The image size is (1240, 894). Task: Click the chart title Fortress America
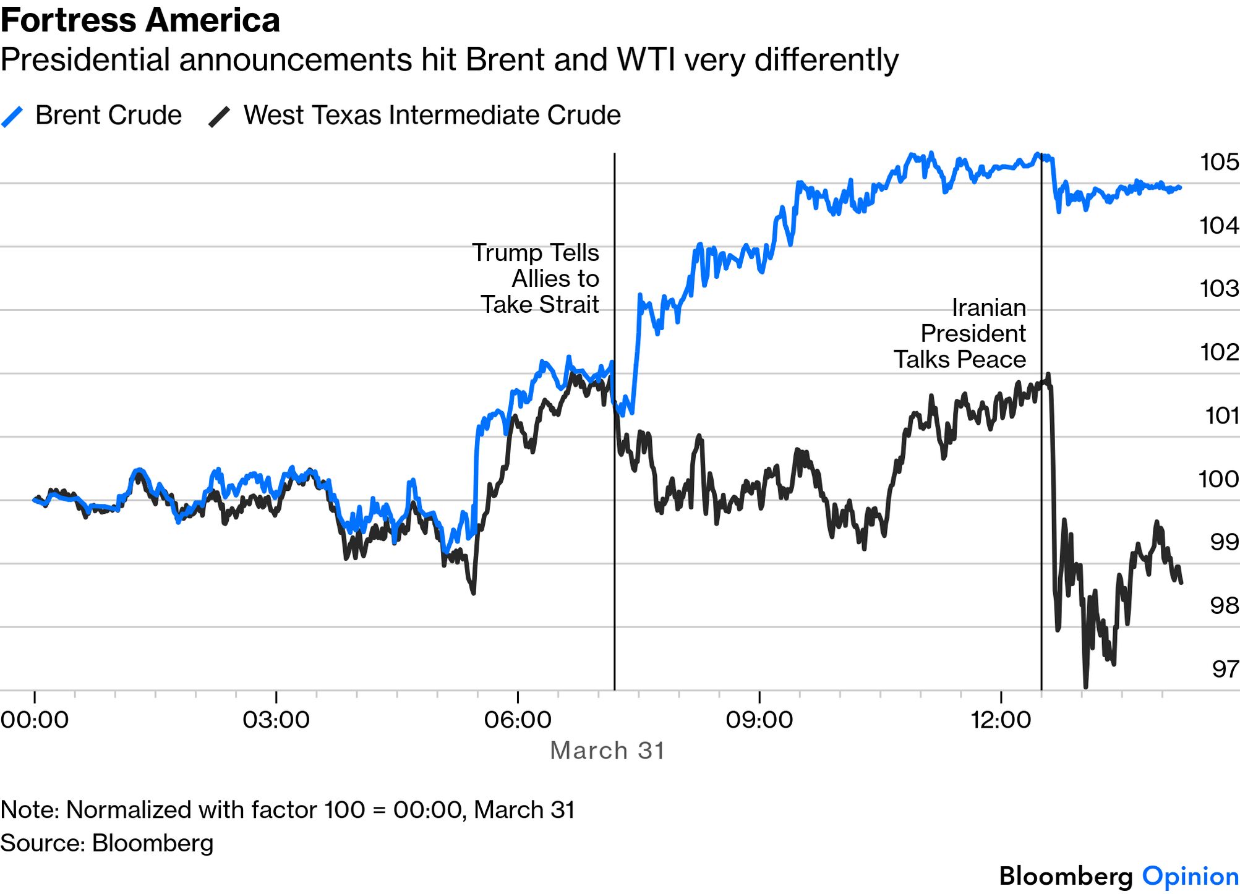pyautogui.click(x=140, y=20)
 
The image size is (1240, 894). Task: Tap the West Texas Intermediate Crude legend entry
pyautogui.click(x=414, y=116)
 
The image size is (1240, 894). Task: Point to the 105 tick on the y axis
pyautogui.click(x=1220, y=162)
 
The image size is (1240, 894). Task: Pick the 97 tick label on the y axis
pyautogui.click(x=1225, y=669)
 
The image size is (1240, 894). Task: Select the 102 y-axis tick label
pyautogui.click(x=1220, y=352)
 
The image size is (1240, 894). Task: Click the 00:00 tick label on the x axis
pyautogui.click(x=35, y=720)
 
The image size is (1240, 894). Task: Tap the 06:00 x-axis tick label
pyautogui.click(x=518, y=720)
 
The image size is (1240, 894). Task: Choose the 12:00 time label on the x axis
pyautogui.click(x=1001, y=720)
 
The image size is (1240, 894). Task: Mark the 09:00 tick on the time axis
pyautogui.click(x=759, y=720)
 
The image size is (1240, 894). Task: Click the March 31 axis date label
pyautogui.click(x=607, y=751)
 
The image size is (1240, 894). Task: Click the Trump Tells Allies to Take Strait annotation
pyautogui.click(x=536, y=279)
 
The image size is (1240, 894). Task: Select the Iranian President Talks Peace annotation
pyautogui.click(x=960, y=334)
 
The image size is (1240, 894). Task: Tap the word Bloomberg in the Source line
pyautogui.click(x=153, y=843)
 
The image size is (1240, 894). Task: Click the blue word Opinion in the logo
pyautogui.click(x=1191, y=876)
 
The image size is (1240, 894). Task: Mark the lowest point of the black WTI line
pyautogui.click(x=1085, y=687)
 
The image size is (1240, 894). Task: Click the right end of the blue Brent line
pyautogui.click(x=1181, y=187)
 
